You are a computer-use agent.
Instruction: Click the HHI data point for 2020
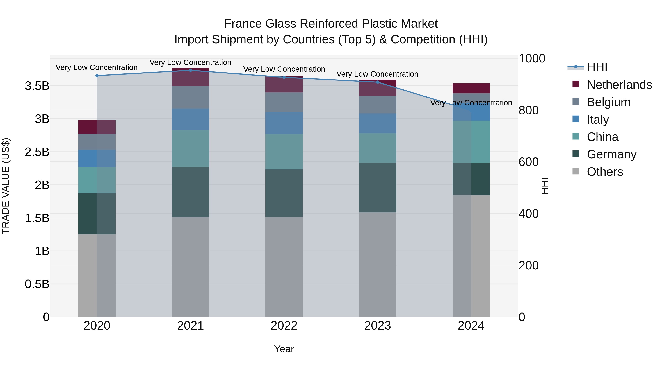coord(97,76)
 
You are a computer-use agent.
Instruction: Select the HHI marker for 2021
coord(191,70)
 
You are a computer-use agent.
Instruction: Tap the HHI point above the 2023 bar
coord(378,82)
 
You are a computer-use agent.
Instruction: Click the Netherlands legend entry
coord(619,85)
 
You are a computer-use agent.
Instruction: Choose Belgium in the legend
coord(608,102)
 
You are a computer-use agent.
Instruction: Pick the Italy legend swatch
coord(576,119)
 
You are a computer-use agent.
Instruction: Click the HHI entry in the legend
coord(597,67)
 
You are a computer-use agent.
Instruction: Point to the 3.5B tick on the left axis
coord(37,86)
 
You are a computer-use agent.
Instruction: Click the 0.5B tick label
coord(37,284)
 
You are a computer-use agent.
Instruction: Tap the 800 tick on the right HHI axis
coord(528,110)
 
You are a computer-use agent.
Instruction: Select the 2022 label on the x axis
coord(284,326)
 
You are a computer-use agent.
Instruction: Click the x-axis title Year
coord(284,349)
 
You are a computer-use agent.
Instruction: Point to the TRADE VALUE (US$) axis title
coord(6,186)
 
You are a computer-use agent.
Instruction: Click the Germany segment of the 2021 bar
coord(191,192)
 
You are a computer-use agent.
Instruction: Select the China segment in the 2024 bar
coord(471,142)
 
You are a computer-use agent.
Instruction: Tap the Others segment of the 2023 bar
coord(378,264)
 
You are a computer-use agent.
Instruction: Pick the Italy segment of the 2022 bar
coord(284,123)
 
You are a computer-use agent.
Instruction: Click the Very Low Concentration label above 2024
coord(471,103)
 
